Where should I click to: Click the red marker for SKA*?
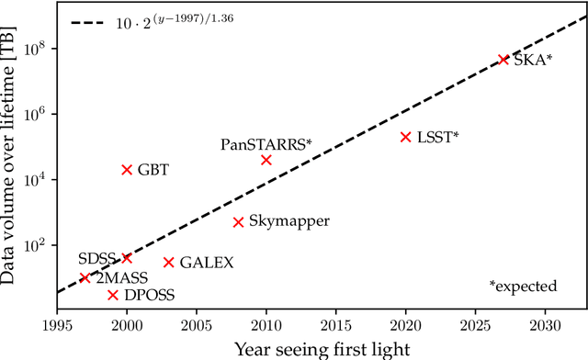coord(503,59)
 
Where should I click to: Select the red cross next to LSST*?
coord(405,137)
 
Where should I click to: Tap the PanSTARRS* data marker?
coord(266,160)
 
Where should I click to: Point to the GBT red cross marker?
coord(127,170)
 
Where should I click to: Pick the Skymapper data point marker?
coord(238,222)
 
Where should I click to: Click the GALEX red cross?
coord(169,263)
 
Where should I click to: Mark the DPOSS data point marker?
coord(113,295)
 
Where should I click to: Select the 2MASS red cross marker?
coord(85,277)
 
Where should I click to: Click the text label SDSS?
coord(96,258)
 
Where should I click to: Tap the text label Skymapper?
coord(288,222)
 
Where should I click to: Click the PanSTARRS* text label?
coord(266,144)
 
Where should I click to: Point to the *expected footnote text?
coord(523,287)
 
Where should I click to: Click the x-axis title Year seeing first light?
coord(321,347)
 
